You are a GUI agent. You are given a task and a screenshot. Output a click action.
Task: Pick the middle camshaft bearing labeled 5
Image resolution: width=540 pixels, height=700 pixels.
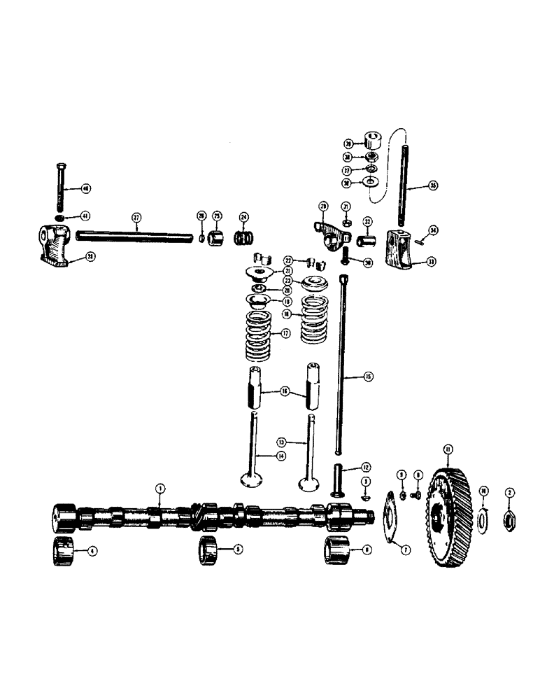[210, 550]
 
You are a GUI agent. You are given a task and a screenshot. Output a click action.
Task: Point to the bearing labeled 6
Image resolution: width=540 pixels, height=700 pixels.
[335, 550]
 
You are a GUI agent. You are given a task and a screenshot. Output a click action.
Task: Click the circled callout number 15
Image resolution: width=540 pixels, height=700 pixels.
[369, 376]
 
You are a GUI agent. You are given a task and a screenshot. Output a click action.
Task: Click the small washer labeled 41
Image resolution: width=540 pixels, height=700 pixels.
[61, 217]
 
